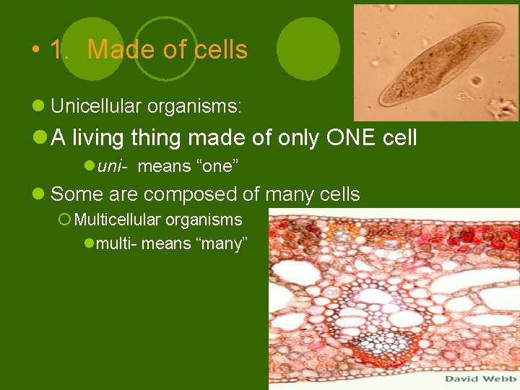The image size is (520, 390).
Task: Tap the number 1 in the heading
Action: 58,50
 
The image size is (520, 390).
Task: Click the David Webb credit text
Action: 479,378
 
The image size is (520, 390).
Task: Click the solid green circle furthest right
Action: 308,48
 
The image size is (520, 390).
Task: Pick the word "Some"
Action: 71,194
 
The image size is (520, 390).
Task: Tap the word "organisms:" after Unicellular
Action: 194,107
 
